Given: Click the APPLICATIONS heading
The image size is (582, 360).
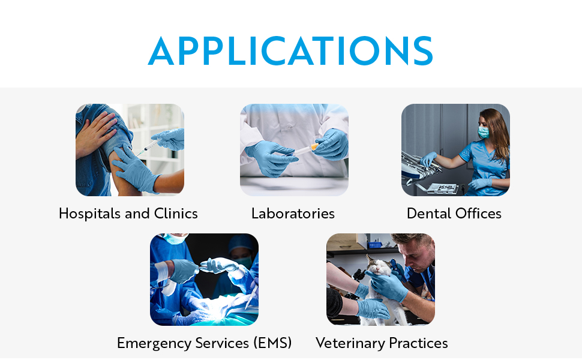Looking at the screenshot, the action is coord(290,51).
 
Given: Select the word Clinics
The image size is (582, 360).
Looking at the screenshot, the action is coord(176,214).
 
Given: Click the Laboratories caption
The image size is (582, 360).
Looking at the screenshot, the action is coord(293,214).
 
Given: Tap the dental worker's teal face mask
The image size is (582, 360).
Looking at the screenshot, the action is coord(483,132).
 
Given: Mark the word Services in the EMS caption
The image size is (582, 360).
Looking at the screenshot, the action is coord(222,343).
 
